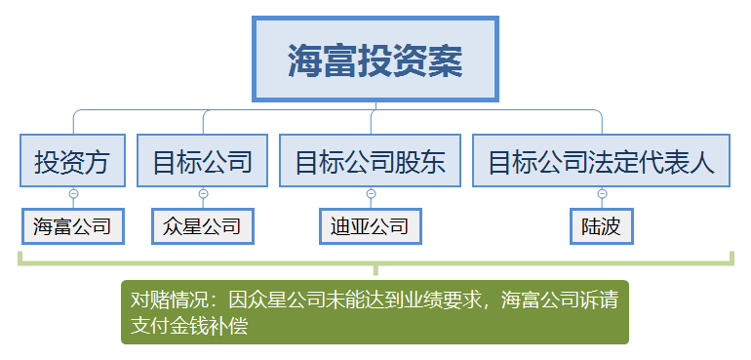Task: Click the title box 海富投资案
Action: tap(375, 59)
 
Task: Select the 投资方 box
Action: tap(72, 160)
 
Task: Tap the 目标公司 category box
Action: tap(202, 160)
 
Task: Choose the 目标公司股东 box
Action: tap(371, 160)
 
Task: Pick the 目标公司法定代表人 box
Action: tap(601, 160)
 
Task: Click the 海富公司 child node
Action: tap(73, 226)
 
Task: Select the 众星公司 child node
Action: tap(203, 226)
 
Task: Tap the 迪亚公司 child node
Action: tap(371, 226)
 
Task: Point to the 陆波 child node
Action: tap(602, 226)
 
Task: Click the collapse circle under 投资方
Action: tap(73, 194)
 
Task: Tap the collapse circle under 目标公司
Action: tap(203, 194)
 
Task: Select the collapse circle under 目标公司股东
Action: tap(371, 194)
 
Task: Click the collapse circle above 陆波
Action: tap(602, 194)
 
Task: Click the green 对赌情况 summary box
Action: tap(375, 312)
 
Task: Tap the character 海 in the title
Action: tap(305, 60)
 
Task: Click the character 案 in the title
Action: tap(446, 60)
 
